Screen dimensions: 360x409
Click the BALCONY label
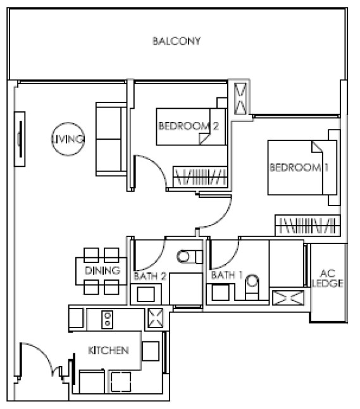click(x=177, y=41)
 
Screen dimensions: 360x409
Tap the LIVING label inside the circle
click(x=68, y=139)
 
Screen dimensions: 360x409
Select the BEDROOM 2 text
click(x=189, y=126)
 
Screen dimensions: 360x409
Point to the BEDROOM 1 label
click(x=299, y=167)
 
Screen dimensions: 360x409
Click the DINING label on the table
click(x=102, y=271)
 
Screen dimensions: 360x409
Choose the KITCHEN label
click(x=108, y=350)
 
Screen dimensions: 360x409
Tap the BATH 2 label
click(x=150, y=276)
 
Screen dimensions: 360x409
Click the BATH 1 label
click(x=227, y=275)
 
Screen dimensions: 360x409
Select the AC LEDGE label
click(x=328, y=278)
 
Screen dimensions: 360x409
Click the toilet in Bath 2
click(x=190, y=257)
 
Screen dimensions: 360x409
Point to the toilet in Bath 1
click(x=252, y=287)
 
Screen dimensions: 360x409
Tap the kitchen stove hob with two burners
click(x=108, y=319)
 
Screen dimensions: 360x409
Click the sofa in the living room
click(x=111, y=139)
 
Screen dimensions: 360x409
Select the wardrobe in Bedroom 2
click(x=200, y=177)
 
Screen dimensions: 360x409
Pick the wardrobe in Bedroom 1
click(x=307, y=226)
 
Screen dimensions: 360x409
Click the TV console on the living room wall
click(x=20, y=139)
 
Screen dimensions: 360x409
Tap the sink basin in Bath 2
click(x=146, y=294)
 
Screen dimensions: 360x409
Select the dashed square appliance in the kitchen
click(x=121, y=382)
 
